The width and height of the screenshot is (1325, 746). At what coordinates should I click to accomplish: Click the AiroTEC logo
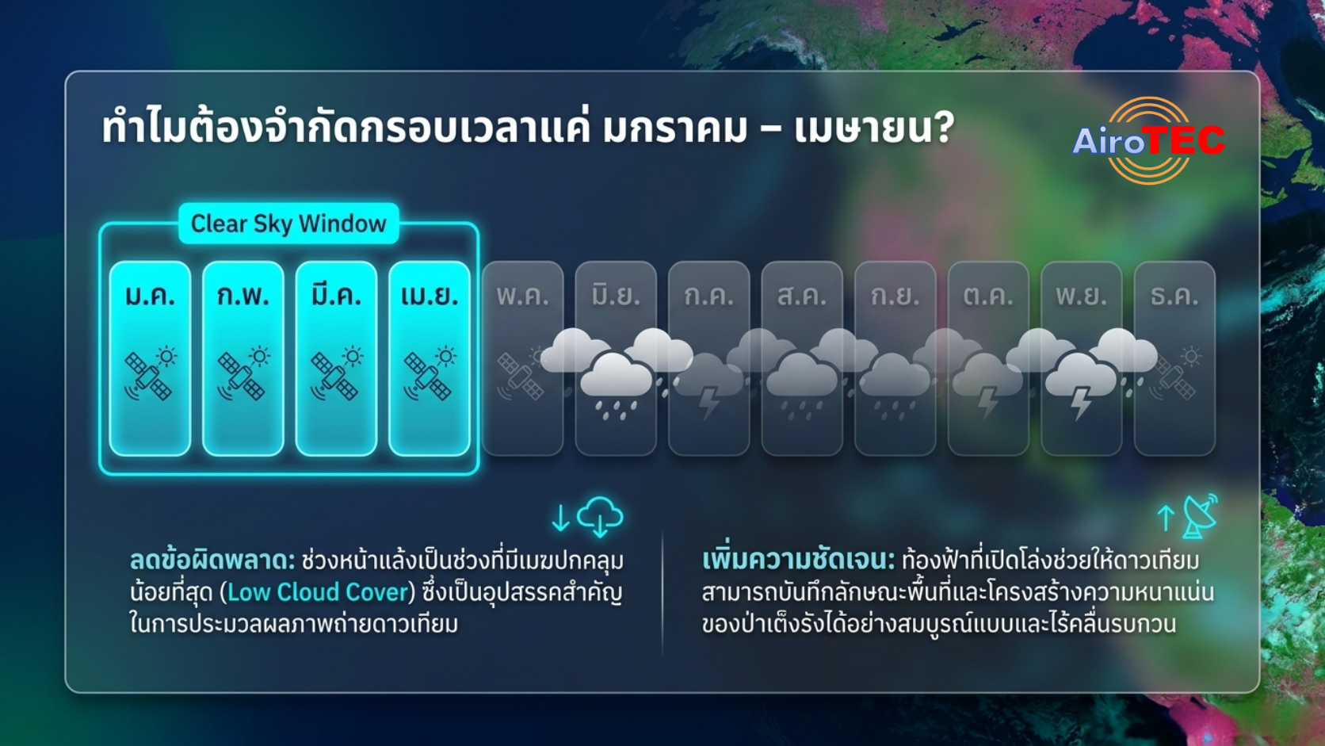pyautogui.click(x=1148, y=141)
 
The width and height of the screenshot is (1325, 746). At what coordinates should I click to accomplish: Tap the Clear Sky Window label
pyautogui.click(x=288, y=224)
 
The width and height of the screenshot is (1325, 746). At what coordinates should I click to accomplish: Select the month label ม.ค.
pyautogui.click(x=151, y=295)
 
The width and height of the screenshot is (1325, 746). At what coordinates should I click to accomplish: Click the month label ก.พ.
pyautogui.click(x=243, y=295)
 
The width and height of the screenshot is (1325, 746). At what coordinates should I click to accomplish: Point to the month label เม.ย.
pyautogui.click(x=430, y=295)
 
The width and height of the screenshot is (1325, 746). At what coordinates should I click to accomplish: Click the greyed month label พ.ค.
pyautogui.click(x=522, y=295)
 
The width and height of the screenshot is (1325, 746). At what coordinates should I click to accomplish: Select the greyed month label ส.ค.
pyautogui.click(x=802, y=295)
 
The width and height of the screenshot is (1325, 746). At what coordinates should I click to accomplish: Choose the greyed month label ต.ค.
pyautogui.click(x=988, y=295)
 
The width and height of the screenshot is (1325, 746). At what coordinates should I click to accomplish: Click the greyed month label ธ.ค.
pyautogui.click(x=1174, y=295)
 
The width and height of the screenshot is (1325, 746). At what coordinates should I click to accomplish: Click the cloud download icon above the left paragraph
pyautogui.click(x=600, y=516)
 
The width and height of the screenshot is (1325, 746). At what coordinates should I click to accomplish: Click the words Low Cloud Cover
pyautogui.click(x=318, y=592)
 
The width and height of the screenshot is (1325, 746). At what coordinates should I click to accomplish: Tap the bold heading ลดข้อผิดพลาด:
pyautogui.click(x=212, y=560)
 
